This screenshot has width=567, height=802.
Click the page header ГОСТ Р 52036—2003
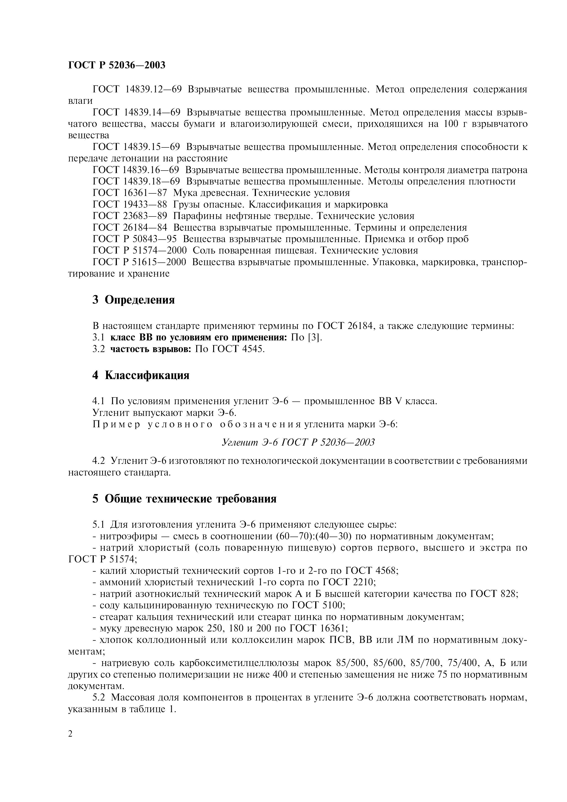coord(116,65)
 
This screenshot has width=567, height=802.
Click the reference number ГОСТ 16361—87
coord(130,193)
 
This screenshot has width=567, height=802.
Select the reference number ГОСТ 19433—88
coord(130,204)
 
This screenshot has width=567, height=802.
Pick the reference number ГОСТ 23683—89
coord(130,216)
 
